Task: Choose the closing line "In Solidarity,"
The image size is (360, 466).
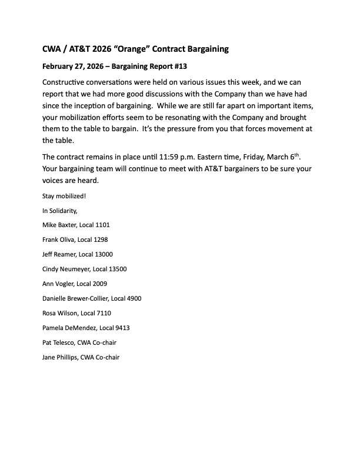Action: click(60, 211)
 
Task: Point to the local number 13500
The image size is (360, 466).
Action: click(116, 269)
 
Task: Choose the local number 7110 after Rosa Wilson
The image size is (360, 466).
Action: click(101, 313)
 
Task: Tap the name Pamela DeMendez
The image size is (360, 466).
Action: click(70, 328)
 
